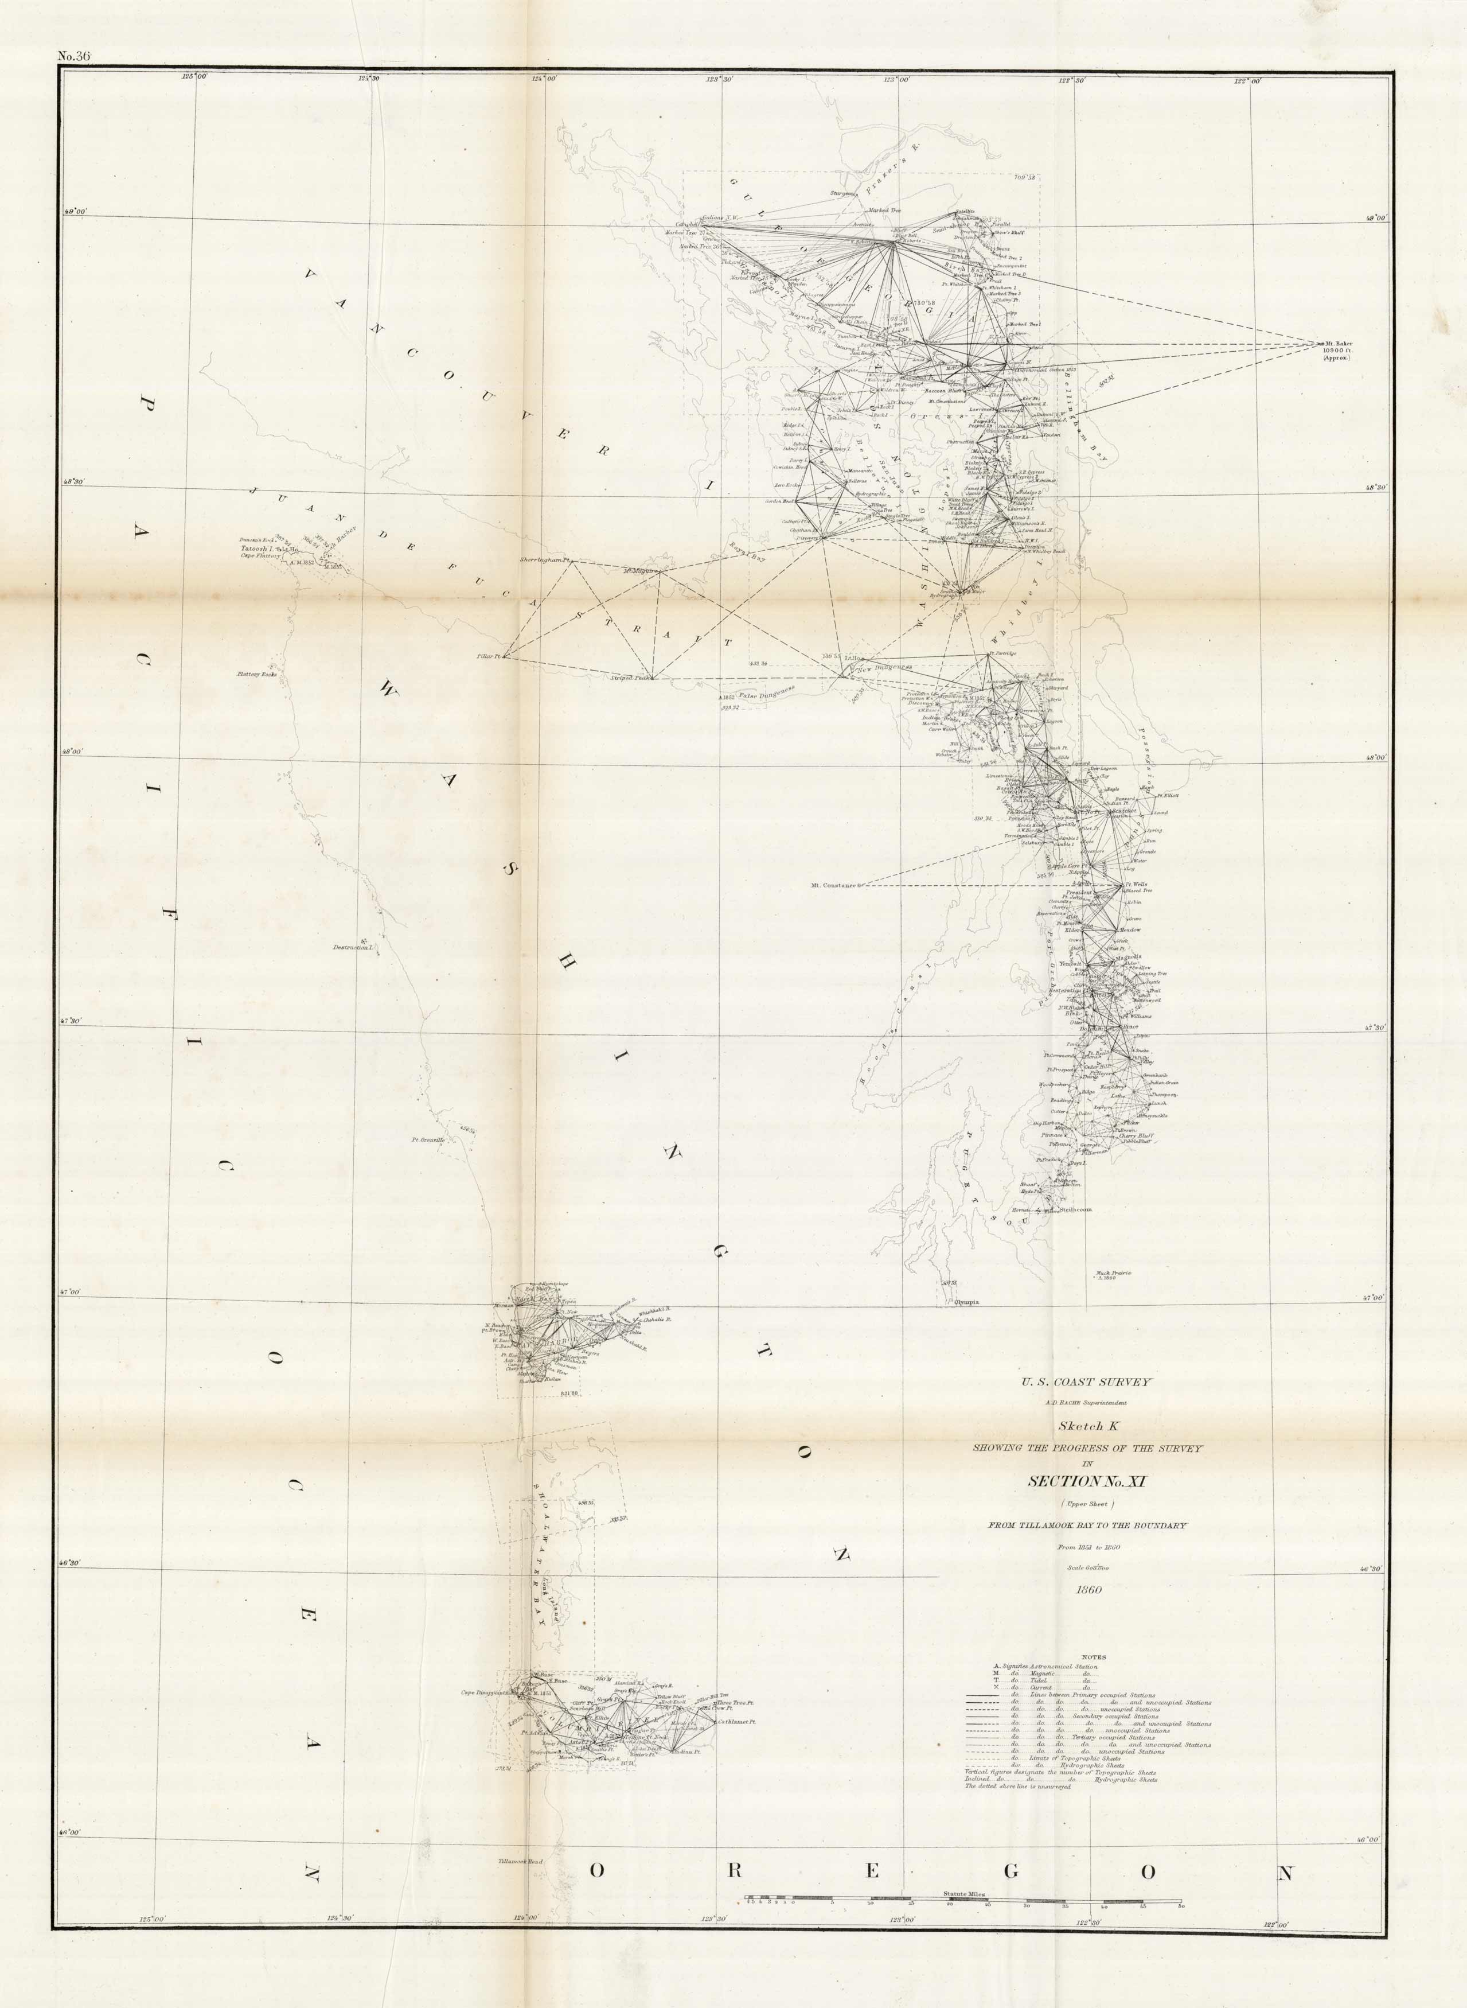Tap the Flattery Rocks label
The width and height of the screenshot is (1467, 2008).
257,674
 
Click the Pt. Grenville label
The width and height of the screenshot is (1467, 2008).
427,1139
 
